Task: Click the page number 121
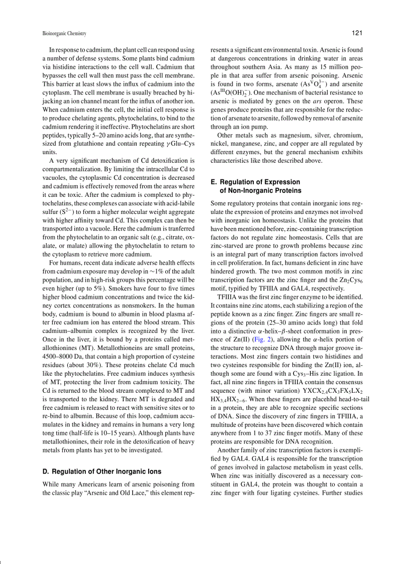357,33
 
